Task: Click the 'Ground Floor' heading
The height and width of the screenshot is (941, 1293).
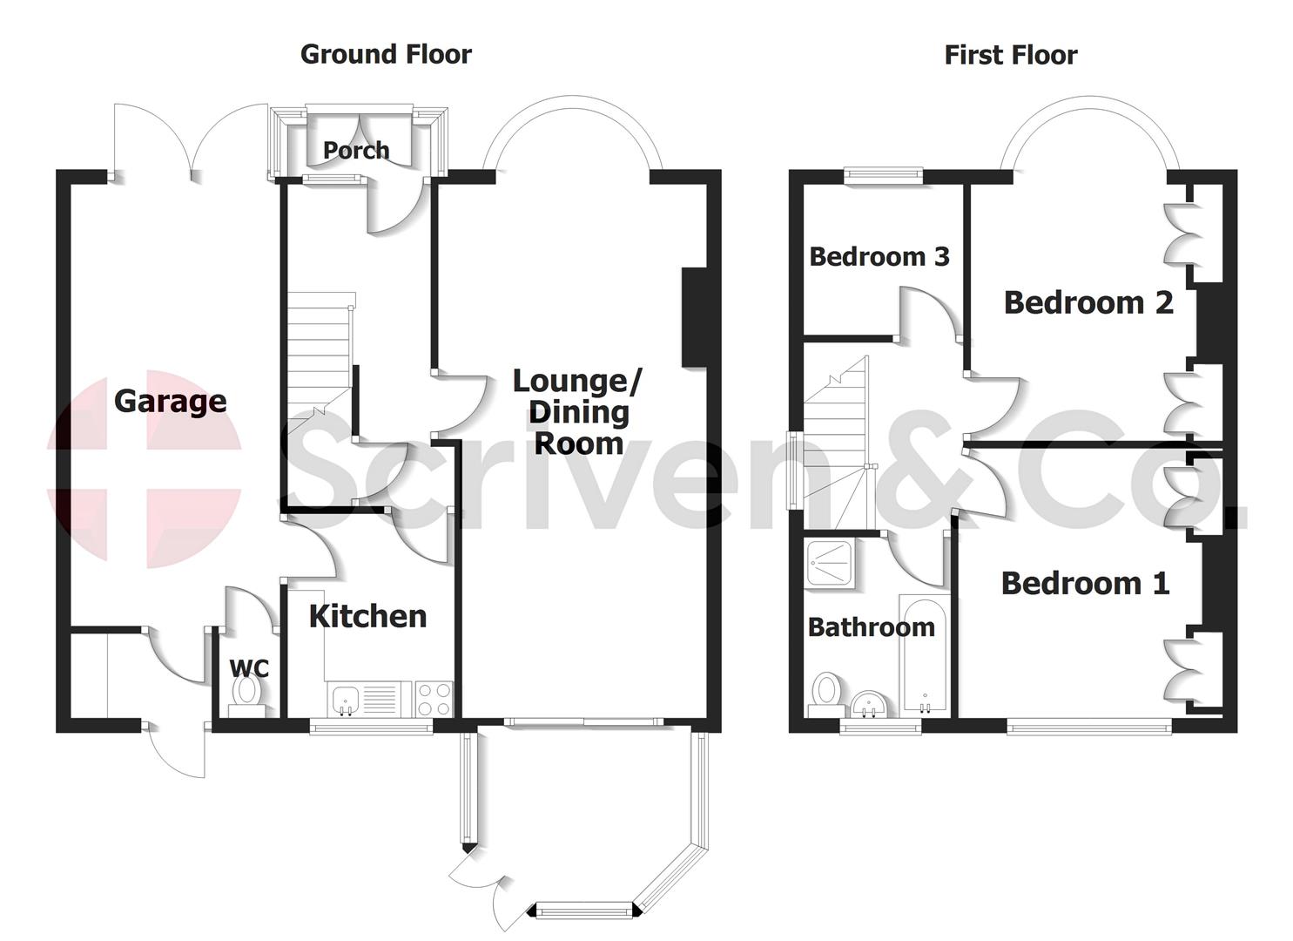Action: tap(386, 54)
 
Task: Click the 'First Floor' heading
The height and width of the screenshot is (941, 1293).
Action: tap(1010, 56)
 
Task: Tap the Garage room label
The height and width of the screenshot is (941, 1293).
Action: tap(171, 402)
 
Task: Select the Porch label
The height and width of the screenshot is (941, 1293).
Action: tap(356, 150)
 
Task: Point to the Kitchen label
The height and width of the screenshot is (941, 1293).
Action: tap(368, 617)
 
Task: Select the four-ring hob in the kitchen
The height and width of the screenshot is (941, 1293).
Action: tap(434, 697)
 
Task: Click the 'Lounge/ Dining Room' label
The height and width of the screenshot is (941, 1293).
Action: tap(578, 412)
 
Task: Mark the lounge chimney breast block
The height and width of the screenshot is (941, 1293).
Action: tap(694, 317)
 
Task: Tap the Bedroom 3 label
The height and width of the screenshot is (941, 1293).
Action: tap(879, 257)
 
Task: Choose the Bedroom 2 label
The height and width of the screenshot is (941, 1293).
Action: tap(1088, 302)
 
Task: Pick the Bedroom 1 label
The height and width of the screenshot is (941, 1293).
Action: tap(1085, 583)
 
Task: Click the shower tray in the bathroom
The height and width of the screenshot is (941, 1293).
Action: tap(830, 563)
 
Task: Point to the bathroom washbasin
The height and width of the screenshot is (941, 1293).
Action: tap(868, 703)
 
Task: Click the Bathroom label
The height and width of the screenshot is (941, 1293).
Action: tap(871, 627)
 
